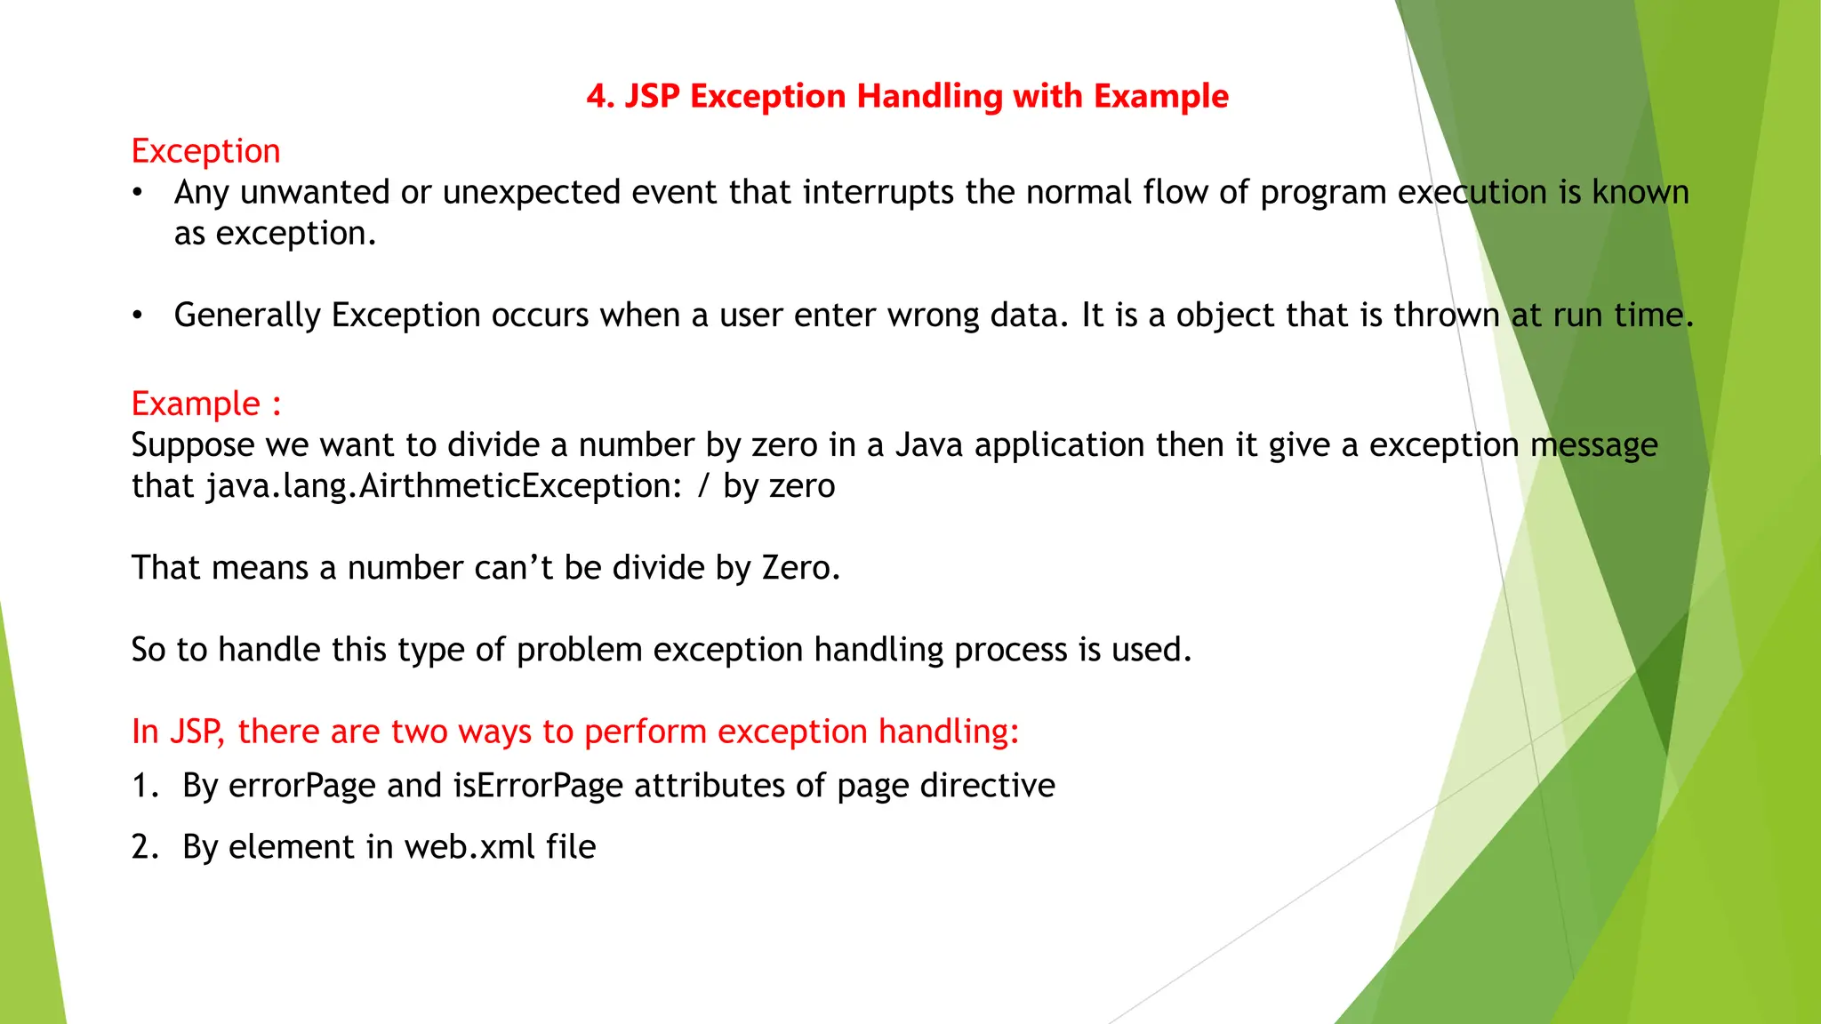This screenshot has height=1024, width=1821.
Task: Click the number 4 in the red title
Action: click(598, 96)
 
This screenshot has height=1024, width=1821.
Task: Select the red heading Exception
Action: click(205, 151)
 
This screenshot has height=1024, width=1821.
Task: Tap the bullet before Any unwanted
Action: click(137, 193)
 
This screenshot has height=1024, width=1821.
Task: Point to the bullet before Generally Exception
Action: click(137, 316)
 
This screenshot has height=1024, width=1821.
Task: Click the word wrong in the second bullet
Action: click(930, 316)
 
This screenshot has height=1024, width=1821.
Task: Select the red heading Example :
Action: click(205, 404)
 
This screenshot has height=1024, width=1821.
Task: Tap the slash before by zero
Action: click(703, 486)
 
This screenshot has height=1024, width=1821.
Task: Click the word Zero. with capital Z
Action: click(800, 568)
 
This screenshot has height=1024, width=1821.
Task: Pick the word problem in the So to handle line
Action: click(579, 650)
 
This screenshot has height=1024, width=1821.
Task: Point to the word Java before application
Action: click(928, 444)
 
